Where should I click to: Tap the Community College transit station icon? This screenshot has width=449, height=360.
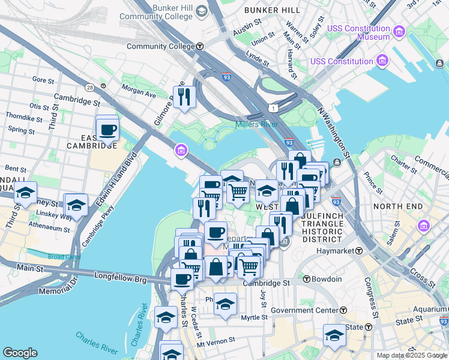200,46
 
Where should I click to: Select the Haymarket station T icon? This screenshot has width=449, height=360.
359,250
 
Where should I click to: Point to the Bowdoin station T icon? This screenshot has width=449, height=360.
306,279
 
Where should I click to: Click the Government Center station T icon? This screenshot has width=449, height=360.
343,310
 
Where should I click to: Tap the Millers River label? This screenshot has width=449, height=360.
256,124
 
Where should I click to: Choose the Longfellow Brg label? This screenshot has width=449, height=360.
121,277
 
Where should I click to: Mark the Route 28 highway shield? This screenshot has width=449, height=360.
89,88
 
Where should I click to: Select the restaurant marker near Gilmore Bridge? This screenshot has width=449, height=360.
184,97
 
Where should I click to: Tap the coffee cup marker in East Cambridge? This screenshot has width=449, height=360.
107,130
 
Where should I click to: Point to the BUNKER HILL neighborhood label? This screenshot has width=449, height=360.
273,10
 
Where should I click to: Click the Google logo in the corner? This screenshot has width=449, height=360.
20,352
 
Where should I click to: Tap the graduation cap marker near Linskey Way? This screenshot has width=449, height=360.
76,205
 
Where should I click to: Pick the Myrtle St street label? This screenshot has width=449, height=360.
254,317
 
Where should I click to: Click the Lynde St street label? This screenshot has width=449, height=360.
257,59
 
